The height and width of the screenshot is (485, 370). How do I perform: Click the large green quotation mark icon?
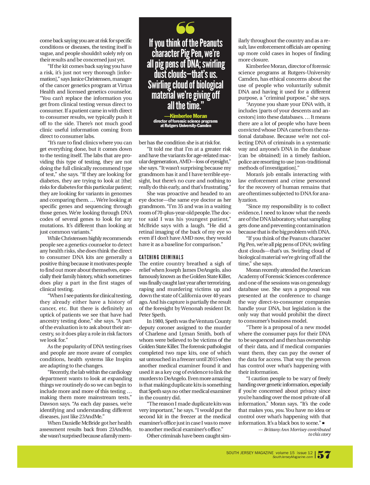(x=185, y=28)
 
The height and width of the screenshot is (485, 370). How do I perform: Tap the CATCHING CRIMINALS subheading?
(x=161, y=257)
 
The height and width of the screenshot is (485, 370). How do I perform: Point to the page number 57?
(x=324, y=455)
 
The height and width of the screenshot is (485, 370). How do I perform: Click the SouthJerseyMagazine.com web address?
(x=293, y=457)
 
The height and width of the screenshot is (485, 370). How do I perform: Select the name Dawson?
(x=49, y=404)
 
